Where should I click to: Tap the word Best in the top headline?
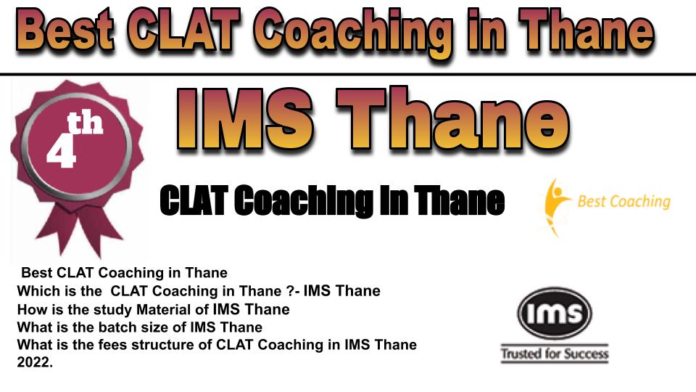pyautogui.click(x=65, y=30)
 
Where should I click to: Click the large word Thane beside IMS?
pyautogui.click(x=452, y=118)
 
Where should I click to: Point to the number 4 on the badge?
pyautogui.click(x=61, y=150)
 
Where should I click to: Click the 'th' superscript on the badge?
pyautogui.click(x=85, y=123)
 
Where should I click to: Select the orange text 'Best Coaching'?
pyautogui.click(x=623, y=201)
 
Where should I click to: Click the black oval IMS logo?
pyautogui.click(x=555, y=313)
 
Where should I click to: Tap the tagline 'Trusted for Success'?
pyautogui.click(x=555, y=354)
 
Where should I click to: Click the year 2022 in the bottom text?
pyautogui.click(x=35, y=362)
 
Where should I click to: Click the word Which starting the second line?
pyautogui.click(x=37, y=291)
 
